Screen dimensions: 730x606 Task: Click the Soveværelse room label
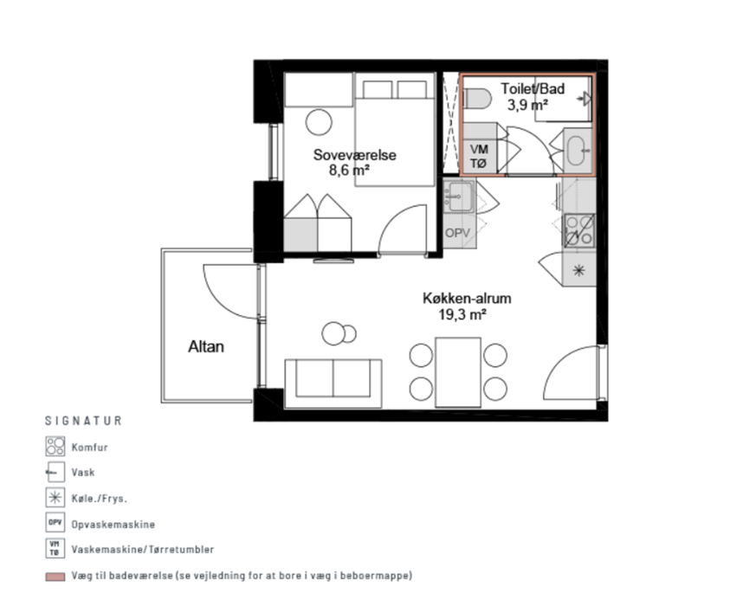[355, 155]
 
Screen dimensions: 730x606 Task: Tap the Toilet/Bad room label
[533, 88]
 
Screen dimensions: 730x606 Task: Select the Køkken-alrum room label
[467, 298]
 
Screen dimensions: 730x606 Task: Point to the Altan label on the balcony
[206, 347]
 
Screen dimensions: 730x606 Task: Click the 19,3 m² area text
[462, 314]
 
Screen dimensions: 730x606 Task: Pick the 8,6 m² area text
[349, 170]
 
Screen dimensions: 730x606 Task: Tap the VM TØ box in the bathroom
[479, 156]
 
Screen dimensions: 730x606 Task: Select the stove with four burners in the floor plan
[579, 230]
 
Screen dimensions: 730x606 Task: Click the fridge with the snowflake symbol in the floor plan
[579, 269]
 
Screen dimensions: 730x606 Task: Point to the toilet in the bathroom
[478, 99]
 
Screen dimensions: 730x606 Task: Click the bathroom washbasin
[577, 151]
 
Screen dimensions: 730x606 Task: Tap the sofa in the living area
[333, 384]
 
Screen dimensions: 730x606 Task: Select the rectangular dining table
[458, 372]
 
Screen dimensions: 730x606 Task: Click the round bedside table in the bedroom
[319, 122]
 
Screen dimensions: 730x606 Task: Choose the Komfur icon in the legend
[55, 446]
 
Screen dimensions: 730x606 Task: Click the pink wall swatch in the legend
[55, 577]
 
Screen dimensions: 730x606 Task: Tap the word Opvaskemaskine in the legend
[113, 525]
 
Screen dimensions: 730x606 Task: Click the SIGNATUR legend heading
[83, 421]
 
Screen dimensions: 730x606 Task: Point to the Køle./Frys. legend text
[100, 499]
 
